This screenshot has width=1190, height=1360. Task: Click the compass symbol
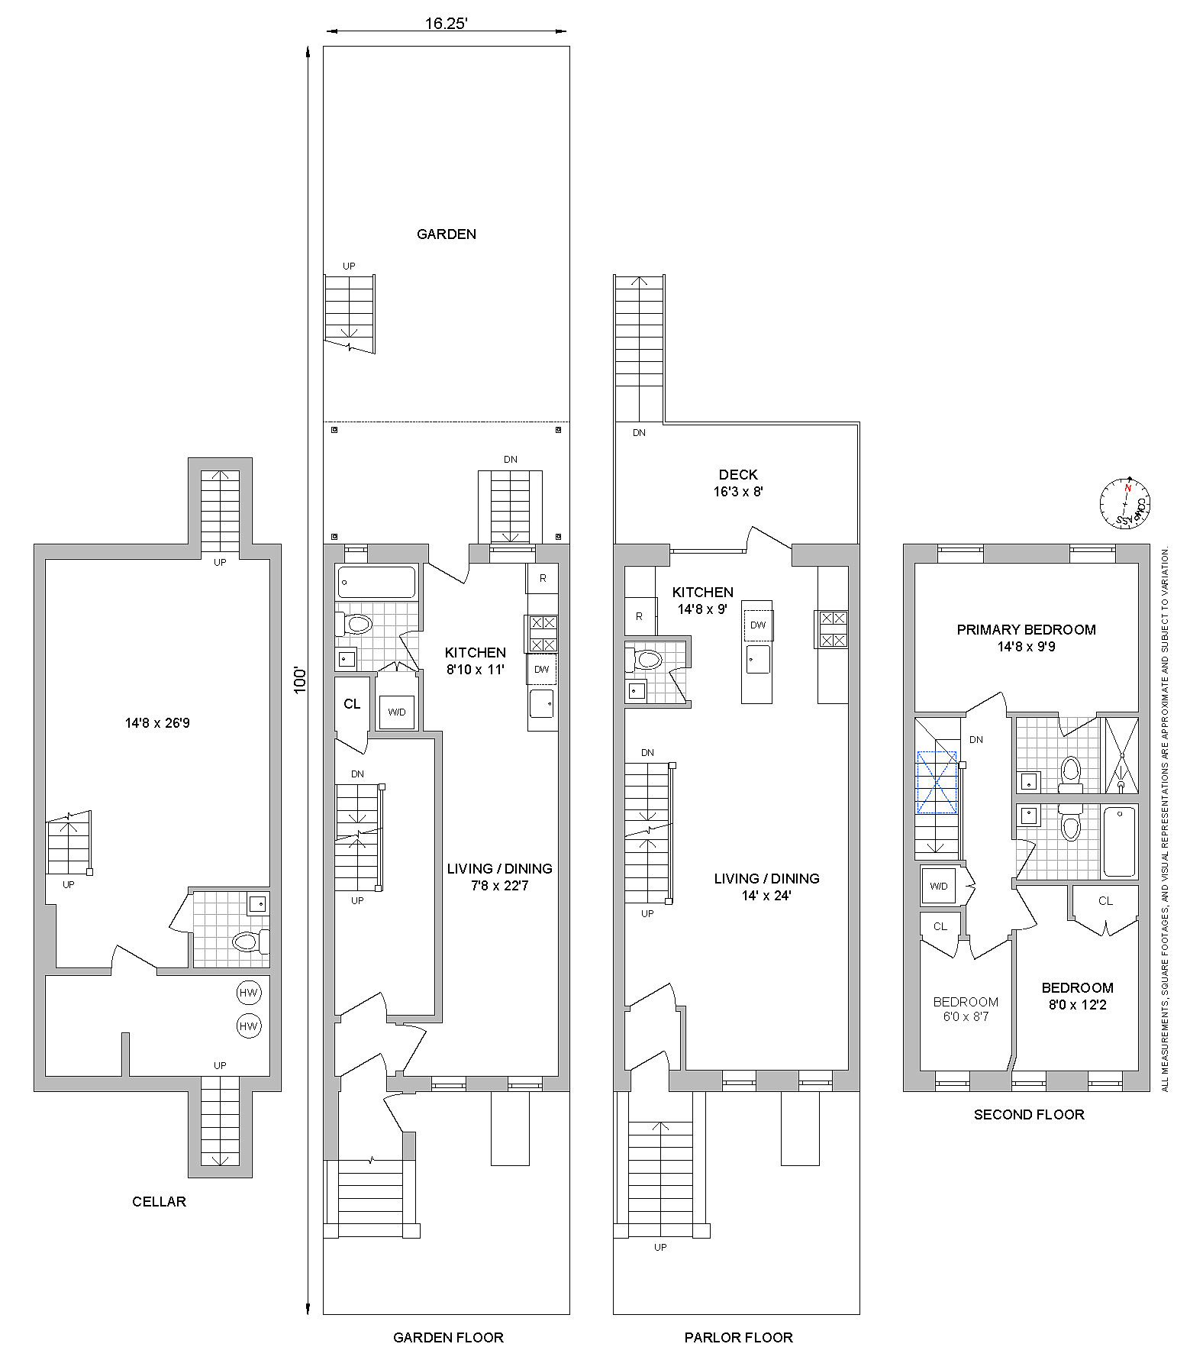[1124, 503]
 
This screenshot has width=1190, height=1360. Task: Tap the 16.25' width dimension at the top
[446, 24]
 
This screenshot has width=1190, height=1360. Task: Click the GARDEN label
[447, 234]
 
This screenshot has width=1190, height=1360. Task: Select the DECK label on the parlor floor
[738, 475]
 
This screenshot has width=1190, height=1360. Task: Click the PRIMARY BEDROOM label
[1026, 630]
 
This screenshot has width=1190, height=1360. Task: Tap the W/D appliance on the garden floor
[397, 712]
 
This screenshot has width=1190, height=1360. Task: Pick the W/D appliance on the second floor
[939, 886]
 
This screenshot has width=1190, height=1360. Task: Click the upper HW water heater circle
[249, 993]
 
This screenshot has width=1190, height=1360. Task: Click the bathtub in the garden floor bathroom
[376, 583]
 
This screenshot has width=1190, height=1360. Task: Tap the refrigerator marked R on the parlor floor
[640, 615]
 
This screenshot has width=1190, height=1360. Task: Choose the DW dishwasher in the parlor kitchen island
[758, 625]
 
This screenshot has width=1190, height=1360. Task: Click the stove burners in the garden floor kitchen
[541, 633]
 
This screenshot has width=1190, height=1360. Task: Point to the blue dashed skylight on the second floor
[937, 783]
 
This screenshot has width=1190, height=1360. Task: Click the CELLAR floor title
[159, 1201]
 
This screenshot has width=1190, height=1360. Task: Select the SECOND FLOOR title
[1029, 1114]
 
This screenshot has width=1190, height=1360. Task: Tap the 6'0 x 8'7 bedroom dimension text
[966, 1016]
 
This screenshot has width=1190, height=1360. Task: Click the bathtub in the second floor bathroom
[1119, 841]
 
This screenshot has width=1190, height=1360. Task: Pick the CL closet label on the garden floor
[352, 704]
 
